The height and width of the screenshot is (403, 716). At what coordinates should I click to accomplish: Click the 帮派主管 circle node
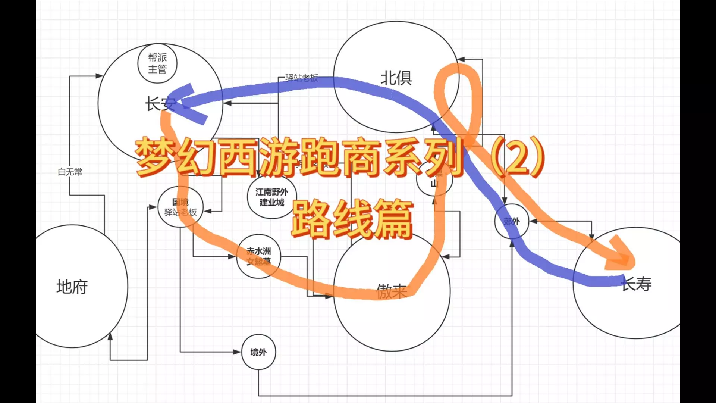(157, 63)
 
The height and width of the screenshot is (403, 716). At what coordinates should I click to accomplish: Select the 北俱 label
(396, 78)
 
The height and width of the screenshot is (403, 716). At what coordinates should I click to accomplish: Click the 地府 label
(72, 287)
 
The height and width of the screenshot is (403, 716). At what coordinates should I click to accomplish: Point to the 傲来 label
(391, 291)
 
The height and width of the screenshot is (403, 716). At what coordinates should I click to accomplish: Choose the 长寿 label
(637, 284)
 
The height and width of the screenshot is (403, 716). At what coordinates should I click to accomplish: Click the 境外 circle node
(258, 352)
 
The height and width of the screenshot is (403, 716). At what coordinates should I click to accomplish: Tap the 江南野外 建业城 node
(271, 197)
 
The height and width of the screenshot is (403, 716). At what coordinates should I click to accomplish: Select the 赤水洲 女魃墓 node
(258, 256)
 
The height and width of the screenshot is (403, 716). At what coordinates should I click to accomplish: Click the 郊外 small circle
(511, 222)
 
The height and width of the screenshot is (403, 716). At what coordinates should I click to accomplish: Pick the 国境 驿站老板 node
(180, 207)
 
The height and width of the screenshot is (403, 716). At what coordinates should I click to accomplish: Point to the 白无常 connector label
(70, 172)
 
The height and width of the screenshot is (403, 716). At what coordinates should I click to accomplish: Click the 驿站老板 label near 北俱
(301, 78)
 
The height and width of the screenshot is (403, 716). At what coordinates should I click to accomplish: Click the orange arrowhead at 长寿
(621, 256)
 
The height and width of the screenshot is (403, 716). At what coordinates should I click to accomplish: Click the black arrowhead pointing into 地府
(110, 336)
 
